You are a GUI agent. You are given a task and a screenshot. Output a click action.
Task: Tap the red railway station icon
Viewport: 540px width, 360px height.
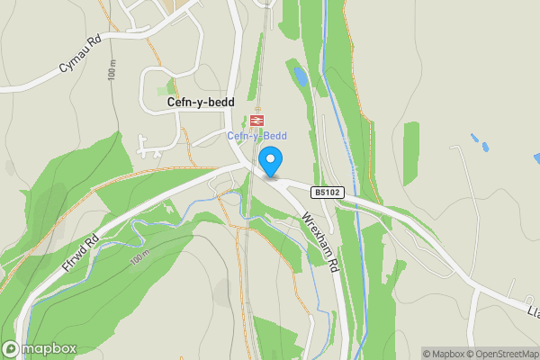(256, 121)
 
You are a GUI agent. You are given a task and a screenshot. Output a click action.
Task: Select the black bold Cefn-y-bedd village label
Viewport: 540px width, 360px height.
(201, 103)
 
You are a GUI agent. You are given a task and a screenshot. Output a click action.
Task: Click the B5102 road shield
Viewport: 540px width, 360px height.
(328, 192)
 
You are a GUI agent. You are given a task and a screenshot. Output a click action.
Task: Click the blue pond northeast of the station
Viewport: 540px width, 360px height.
(300, 77)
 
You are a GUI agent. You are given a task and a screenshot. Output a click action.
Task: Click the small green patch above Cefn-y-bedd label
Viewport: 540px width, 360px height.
(172, 88)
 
